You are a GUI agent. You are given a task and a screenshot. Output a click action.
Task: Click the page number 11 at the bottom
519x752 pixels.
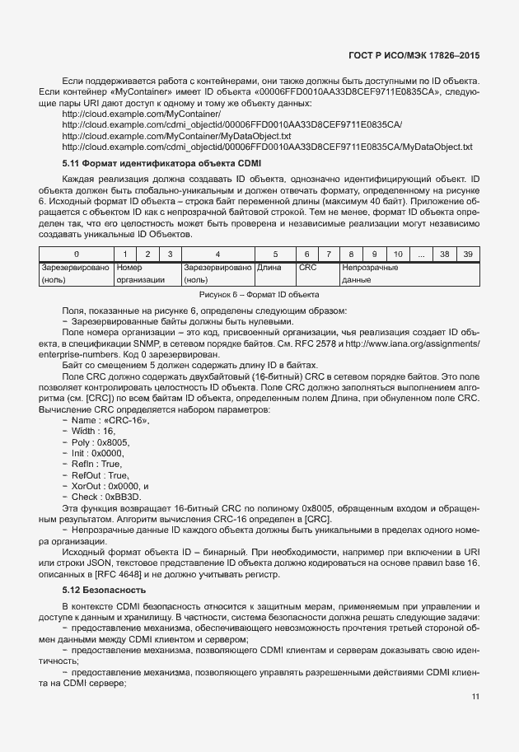pos(475,697)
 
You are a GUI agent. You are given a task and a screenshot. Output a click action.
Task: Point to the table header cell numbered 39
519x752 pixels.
pos(468,254)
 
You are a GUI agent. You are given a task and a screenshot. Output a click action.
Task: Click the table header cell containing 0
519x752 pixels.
pos(76,254)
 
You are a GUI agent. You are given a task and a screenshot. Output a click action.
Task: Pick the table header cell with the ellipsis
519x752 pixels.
pos(420,254)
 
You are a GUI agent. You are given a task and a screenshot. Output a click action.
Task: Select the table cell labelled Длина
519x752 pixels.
pos(270,268)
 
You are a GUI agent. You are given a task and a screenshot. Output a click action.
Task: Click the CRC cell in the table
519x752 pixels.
pos(308,268)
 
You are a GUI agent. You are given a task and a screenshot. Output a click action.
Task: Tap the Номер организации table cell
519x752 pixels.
pos(134,273)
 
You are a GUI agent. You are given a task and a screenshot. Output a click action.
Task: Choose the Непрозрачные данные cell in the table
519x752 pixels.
pos(371,273)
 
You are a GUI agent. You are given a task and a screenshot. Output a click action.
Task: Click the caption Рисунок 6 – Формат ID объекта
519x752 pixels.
pos(259,294)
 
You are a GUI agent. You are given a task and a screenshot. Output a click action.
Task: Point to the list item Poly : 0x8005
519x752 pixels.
pos(101,441)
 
